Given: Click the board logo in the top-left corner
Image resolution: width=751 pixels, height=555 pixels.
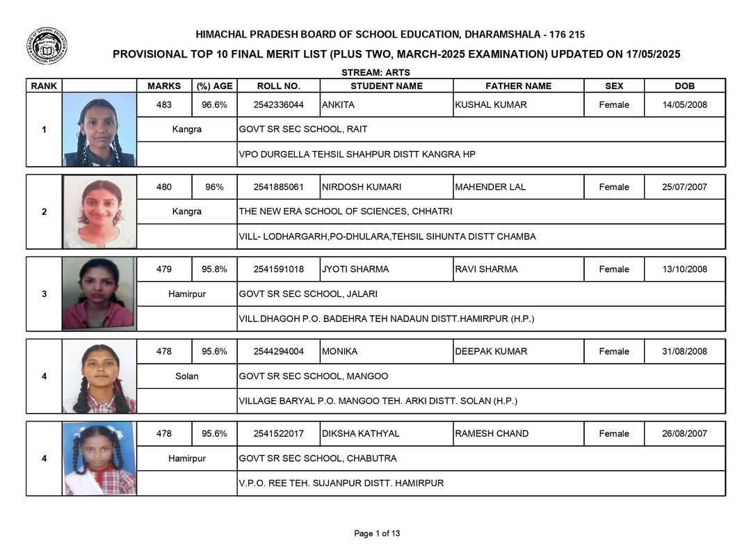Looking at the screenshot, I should tap(47, 46).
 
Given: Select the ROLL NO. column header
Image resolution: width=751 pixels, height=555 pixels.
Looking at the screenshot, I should tap(278, 86).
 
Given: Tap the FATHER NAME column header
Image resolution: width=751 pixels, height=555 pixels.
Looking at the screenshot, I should tap(518, 86).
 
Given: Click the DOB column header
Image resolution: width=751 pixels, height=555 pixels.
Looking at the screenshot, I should tap(684, 86).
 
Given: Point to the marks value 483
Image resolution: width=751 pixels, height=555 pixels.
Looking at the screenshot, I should tap(163, 105).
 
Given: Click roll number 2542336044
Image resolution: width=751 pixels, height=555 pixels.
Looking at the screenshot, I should tap(278, 105).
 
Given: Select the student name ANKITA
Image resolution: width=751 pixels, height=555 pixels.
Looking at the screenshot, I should tap(338, 105).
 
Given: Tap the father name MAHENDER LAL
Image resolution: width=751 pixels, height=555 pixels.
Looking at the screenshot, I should tap(490, 187).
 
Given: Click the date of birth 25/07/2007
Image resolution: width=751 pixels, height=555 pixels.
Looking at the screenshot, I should tap(684, 187).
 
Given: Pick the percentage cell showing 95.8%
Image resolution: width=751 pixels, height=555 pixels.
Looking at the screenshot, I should tap(214, 269).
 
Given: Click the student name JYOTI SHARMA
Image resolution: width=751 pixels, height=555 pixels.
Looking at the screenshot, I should tap(355, 269).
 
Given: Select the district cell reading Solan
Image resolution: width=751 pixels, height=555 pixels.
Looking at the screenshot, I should tap(186, 376).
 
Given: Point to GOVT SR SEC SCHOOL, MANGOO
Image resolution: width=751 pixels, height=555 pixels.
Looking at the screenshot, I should tap(314, 376).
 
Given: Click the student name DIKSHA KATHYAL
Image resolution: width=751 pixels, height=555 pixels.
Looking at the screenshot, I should tap(360, 433).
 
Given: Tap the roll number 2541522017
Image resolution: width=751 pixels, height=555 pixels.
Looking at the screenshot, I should tap(278, 433).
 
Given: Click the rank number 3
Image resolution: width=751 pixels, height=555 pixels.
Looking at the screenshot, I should tap(45, 294).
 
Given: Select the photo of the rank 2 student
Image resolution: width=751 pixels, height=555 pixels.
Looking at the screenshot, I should tap(99, 212).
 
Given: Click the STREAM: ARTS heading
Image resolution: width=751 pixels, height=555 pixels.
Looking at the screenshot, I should tap(375, 72).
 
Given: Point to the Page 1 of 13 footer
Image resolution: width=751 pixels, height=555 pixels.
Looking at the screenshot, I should tap(377, 533).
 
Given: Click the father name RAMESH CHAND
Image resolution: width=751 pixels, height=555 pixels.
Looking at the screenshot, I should tap(492, 433).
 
